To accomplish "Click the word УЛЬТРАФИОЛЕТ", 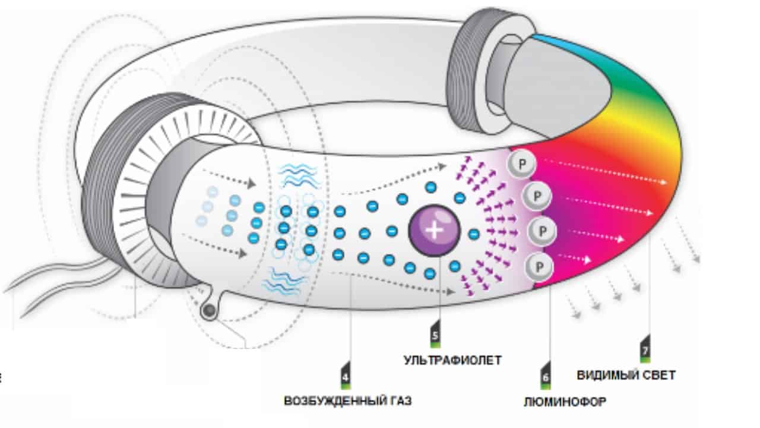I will point(452,360).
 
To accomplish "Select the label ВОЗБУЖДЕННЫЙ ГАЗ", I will point(347,401).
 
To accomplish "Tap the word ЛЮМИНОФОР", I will point(565,402).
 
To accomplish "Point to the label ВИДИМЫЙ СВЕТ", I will point(626,375).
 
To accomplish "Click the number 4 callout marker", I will point(346,378).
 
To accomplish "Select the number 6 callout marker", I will point(546,377).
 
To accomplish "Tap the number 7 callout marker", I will point(645,350).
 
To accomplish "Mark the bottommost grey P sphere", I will point(538,265).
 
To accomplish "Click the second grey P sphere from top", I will point(537,196).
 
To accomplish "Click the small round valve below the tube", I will point(208,310).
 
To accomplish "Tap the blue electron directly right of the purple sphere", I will point(473,234).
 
